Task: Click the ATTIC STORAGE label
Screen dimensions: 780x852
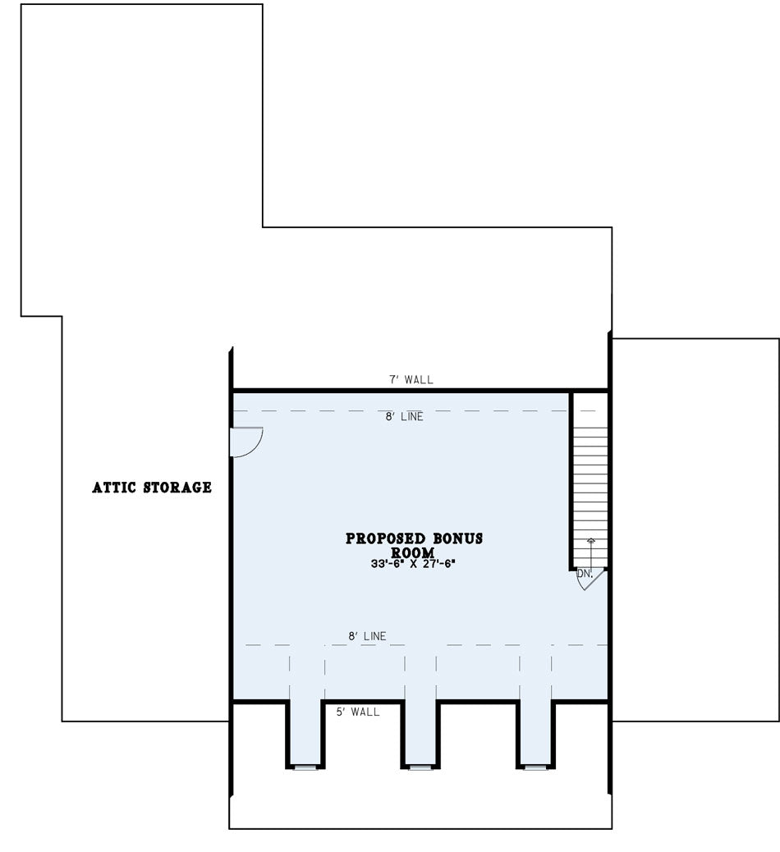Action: [152, 488]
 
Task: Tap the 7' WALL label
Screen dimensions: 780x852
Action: [411, 379]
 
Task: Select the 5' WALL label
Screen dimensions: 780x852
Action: [358, 712]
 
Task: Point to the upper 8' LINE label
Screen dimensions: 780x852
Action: [405, 417]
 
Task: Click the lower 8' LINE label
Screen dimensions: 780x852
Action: [368, 636]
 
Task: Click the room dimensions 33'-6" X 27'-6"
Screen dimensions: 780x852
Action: [413, 564]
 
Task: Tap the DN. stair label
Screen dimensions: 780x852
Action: [585, 573]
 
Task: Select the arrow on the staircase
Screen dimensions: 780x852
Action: [591, 554]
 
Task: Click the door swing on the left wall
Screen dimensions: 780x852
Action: [247, 442]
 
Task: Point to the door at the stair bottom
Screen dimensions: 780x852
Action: [590, 579]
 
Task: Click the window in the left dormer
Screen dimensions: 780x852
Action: [305, 767]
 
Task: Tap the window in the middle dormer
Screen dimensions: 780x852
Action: [420, 767]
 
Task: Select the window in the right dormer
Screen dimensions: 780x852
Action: [535, 767]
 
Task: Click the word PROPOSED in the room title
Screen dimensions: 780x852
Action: [386, 538]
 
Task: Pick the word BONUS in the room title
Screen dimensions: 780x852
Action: [457, 538]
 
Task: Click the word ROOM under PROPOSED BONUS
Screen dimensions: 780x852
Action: [413, 552]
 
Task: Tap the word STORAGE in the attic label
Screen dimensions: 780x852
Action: [177, 488]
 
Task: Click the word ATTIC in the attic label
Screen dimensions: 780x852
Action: [114, 488]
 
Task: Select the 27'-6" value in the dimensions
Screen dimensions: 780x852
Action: [438, 564]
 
